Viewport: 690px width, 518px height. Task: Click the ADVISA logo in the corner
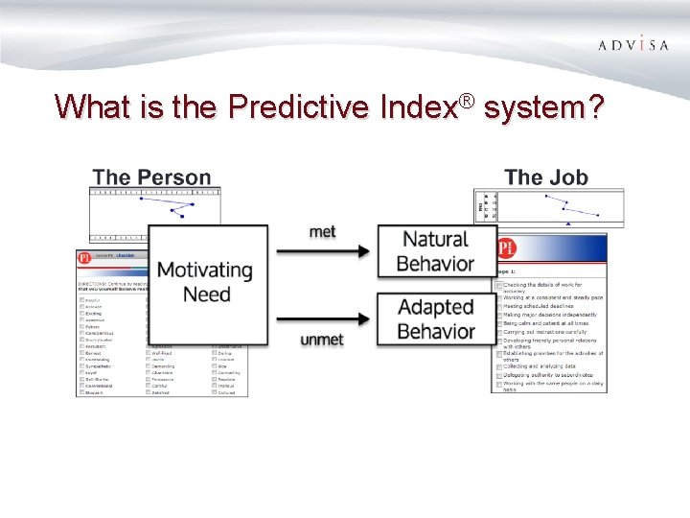pos(633,45)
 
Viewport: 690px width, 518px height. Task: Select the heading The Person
pos(151,177)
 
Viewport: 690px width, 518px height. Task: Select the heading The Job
pos(546,177)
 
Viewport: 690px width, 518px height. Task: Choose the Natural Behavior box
pos(437,251)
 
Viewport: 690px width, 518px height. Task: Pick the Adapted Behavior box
pos(437,319)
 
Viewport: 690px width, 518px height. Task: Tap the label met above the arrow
pos(324,232)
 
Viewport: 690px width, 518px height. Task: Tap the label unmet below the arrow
pos(322,340)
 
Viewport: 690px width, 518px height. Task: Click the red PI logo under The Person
pos(86,257)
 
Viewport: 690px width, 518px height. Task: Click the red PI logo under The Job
pos(506,248)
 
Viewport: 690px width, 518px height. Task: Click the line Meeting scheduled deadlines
pos(541,306)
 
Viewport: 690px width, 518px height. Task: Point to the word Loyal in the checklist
pos(93,372)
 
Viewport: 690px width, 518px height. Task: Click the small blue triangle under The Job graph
pos(569,224)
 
